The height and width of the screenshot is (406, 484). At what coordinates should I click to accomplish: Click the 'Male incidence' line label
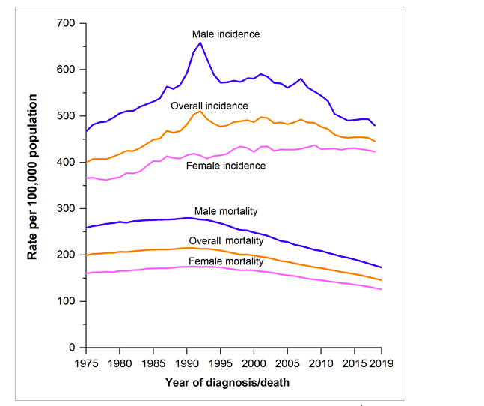[225, 34]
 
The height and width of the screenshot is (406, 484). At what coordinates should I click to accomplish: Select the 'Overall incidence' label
[209, 106]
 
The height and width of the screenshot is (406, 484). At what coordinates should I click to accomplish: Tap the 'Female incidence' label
[226, 166]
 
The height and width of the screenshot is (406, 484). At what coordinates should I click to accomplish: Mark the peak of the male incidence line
[200, 43]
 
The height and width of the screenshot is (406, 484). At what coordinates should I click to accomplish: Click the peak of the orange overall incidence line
[200, 112]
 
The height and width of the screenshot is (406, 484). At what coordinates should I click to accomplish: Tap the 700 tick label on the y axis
[67, 23]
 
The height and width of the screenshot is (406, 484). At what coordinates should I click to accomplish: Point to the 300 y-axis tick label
[67, 208]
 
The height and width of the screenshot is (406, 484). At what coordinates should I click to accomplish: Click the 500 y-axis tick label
[67, 116]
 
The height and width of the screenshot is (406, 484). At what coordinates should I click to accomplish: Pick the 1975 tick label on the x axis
[86, 363]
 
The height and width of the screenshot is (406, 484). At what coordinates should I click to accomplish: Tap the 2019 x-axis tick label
[381, 363]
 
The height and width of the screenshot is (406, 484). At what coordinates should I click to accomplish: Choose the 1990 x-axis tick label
[186, 363]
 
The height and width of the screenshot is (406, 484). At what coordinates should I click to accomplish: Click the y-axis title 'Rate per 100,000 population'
[33, 177]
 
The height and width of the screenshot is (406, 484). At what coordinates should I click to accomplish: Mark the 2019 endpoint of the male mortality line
[381, 267]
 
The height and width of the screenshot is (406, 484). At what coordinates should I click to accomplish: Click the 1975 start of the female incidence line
[86, 178]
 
